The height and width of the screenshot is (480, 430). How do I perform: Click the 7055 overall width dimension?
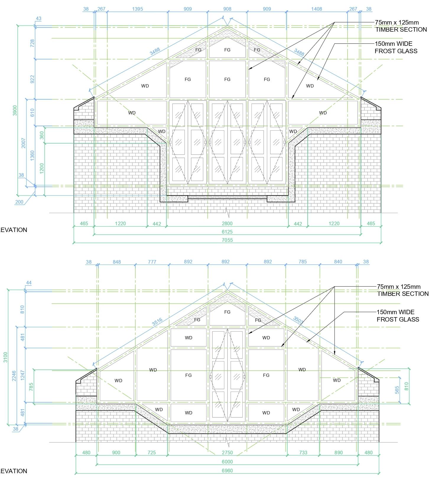(x=227, y=240)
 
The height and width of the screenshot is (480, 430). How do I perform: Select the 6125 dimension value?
(x=227, y=232)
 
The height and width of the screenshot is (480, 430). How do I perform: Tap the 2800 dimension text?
(x=227, y=223)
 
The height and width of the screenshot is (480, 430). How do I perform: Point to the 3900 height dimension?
(x=15, y=111)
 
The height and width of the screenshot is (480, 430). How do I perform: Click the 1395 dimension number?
(x=137, y=9)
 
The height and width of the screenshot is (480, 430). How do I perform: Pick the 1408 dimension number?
(x=317, y=9)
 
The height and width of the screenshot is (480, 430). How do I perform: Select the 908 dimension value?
(x=227, y=9)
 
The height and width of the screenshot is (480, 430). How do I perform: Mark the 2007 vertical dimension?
(x=24, y=143)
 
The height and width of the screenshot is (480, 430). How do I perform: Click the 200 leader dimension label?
(x=19, y=202)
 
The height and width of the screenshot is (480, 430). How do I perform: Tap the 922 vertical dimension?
(x=33, y=79)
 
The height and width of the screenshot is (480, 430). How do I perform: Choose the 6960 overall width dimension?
(x=227, y=470)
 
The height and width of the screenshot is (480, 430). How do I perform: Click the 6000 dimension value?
(x=227, y=462)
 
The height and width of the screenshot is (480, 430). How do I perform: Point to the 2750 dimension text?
(x=227, y=453)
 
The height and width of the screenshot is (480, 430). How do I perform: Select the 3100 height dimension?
(x=5, y=357)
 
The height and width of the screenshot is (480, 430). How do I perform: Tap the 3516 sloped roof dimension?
(x=157, y=322)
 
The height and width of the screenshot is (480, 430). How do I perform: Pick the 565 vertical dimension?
(x=397, y=390)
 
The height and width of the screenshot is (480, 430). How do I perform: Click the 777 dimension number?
(x=152, y=262)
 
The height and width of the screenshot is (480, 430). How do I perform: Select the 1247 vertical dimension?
(x=23, y=375)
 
